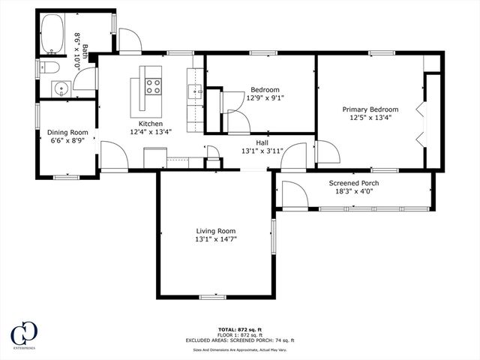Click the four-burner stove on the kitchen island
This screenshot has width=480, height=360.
click(x=153, y=86)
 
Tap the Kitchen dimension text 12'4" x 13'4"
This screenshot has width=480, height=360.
click(x=151, y=132)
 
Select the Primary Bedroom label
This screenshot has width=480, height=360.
click(x=370, y=109)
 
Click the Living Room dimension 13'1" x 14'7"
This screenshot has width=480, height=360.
click(x=216, y=239)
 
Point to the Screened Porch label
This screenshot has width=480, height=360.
click(x=354, y=183)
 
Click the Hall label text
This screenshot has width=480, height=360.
click(x=262, y=142)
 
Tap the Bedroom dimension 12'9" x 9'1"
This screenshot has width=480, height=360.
click(x=265, y=97)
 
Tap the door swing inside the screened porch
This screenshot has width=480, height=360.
click(x=293, y=195)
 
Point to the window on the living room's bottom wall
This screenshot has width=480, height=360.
click(x=212, y=298)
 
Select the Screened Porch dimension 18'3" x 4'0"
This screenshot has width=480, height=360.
click(x=354, y=192)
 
